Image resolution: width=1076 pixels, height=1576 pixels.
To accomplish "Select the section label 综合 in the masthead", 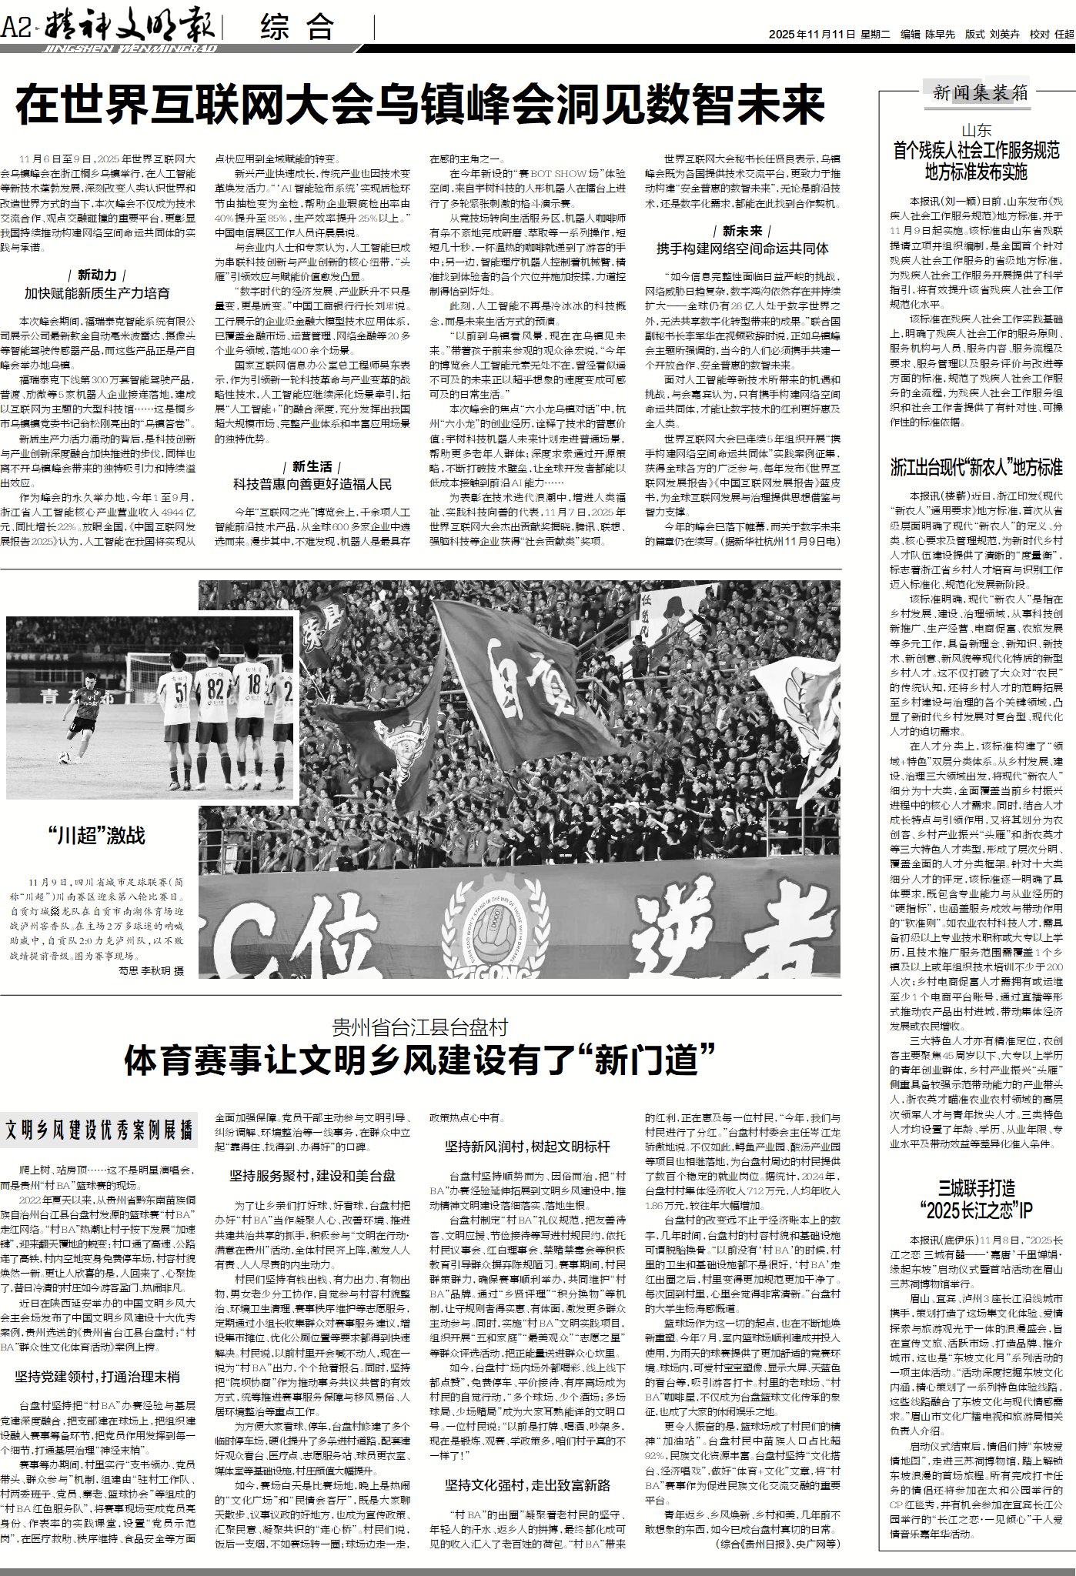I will [x=298, y=28].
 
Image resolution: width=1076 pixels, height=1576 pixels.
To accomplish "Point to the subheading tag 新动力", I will [x=97, y=275].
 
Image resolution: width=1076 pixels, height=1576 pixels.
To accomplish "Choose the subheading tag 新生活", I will [x=312, y=466].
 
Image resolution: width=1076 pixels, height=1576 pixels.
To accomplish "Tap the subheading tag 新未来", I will [x=742, y=231].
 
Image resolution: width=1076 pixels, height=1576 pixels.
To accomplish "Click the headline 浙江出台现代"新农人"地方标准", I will [x=976, y=467].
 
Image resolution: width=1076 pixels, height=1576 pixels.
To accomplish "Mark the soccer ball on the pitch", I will [x=64, y=758].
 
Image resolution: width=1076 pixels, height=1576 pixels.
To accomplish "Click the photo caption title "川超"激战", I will [x=95, y=835].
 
